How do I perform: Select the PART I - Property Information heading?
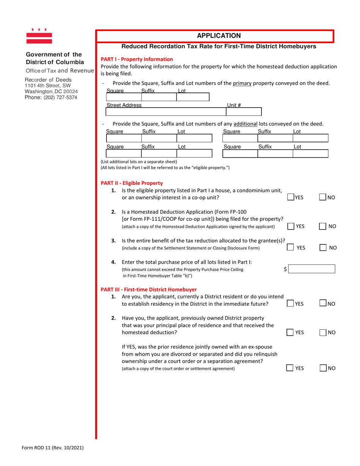coord(136,59)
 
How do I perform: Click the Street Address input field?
coord(165,112)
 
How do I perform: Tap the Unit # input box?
coord(243,112)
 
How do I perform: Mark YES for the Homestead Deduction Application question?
coord(291,226)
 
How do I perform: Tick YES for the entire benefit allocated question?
coord(291,247)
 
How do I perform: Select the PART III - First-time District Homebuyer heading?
coord(149,289)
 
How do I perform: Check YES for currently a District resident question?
coord(291,303)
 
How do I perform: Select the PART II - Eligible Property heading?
coord(131,183)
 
